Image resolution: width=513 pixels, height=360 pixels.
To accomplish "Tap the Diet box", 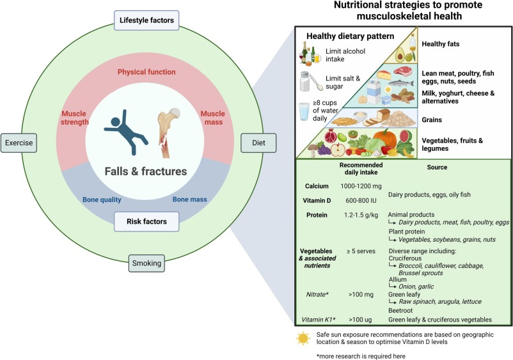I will tap(253, 142).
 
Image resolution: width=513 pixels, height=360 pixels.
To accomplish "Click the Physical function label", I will tap(148, 72).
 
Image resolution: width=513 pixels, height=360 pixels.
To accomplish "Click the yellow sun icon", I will tap(303, 338).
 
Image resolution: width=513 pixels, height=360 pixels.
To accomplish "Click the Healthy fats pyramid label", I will tap(443, 43).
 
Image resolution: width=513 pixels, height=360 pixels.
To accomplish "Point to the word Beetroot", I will tap(405, 308).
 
